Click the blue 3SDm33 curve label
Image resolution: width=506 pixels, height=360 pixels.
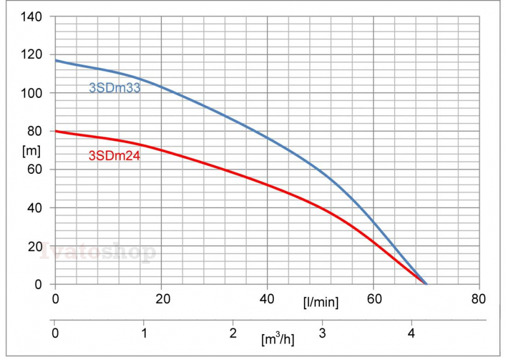coord(115,88)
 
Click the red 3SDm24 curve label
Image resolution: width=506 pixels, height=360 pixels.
coord(115,156)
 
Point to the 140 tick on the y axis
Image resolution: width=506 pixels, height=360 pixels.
coord(31,16)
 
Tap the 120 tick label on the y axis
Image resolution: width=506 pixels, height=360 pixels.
coord(31,55)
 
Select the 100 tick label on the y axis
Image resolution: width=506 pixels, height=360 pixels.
coord(31,93)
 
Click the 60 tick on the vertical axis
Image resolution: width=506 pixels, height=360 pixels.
coord(34,169)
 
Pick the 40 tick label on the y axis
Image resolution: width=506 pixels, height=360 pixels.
coord(34,208)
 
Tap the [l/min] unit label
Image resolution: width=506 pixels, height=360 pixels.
coord(320,303)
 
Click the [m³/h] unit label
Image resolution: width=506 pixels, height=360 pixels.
coord(278,339)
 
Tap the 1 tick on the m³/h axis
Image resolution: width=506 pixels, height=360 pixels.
coord(144,332)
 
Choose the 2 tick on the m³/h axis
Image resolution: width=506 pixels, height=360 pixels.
coord(233,332)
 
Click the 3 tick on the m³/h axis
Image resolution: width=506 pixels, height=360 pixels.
coord(322,332)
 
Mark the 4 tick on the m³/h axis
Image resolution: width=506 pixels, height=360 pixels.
coord(412,332)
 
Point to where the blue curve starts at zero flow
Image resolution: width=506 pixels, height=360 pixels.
coord(56,60)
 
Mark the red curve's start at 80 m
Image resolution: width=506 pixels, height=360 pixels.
coord(56,131)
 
